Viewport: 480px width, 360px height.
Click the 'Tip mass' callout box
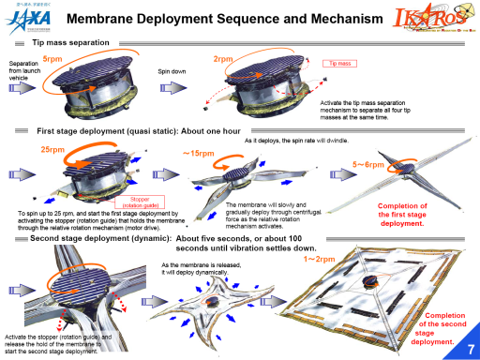click(x=340, y=63)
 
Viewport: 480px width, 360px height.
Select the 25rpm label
click(x=52, y=149)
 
